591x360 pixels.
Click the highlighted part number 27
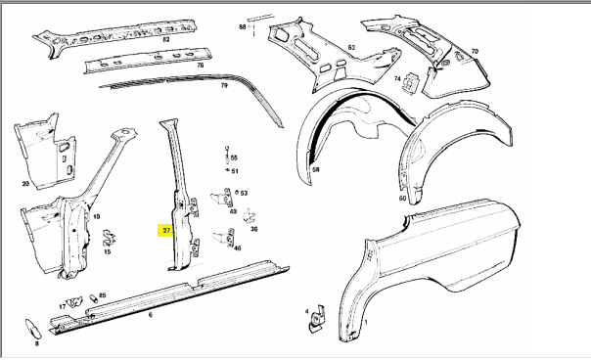[166, 230]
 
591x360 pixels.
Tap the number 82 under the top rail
[165, 39]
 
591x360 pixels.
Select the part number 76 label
[201, 66]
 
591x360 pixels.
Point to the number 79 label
[224, 85]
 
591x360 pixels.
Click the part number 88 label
[243, 26]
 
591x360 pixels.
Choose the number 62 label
[351, 48]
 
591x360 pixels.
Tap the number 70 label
[475, 51]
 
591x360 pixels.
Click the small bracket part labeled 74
[410, 81]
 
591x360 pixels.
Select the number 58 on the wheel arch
[316, 169]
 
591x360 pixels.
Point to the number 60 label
[402, 199]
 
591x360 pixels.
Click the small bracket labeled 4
[318, 319]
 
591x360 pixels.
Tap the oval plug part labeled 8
[33, 329]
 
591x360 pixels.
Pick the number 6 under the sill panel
[151, 315]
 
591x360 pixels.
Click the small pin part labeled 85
[94, 298]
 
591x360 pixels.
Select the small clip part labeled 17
[74, 302]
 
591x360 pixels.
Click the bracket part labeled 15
[109, 239]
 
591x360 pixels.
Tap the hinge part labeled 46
[224, 238]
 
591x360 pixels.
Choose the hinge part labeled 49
[221, 198]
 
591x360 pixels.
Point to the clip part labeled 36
[250, 215]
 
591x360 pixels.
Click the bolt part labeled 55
[227, 155]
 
